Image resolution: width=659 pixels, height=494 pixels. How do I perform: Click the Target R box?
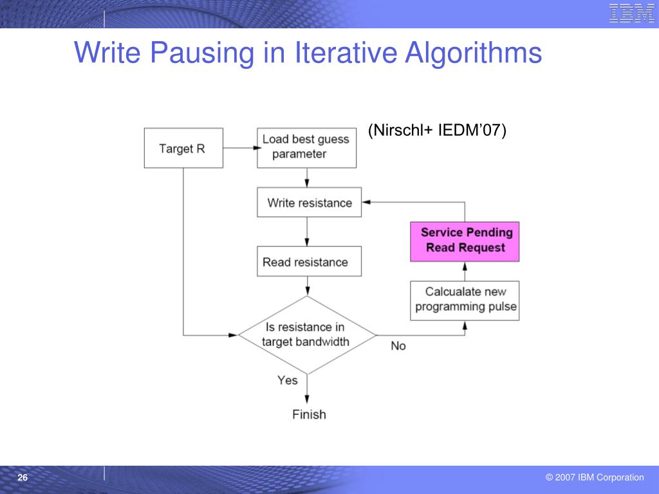[183, 148]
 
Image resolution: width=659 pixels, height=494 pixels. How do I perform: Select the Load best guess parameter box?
[307, 148]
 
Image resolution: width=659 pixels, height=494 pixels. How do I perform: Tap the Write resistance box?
[309, 203]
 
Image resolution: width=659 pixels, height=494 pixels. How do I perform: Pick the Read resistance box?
[309, 262]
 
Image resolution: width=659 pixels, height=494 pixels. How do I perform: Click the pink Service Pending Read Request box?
[465, 241]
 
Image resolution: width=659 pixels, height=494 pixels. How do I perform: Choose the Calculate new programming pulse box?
[465, 300]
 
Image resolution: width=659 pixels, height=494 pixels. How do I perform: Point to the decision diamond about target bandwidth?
[307, 334]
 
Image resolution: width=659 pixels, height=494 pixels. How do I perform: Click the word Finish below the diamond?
[309, 414]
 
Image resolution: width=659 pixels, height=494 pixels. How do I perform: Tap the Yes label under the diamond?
[288, 380]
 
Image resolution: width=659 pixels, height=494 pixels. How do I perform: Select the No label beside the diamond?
[398, 346]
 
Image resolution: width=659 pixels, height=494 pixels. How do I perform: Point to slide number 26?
[23, 478]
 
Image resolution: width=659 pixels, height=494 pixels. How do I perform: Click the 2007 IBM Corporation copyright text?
[594, 477]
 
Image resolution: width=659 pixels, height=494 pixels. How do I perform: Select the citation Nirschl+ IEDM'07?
[437, 131]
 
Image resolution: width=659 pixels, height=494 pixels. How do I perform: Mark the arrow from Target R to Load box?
[239, 148]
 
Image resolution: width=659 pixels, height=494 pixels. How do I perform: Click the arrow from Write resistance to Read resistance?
[307, 232]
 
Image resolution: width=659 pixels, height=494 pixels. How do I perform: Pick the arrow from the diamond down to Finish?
[307, 389]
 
